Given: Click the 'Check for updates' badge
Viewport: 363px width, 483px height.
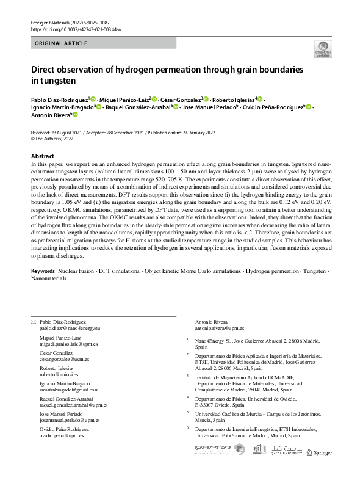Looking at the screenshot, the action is (323, 49).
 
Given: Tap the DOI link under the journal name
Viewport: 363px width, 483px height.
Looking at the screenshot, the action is (76, 29).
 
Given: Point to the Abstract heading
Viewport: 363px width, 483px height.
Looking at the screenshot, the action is (42, 156).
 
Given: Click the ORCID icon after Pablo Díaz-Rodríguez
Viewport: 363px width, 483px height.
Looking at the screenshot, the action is (92, 98).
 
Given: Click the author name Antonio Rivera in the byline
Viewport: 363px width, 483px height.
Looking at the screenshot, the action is (50, 114).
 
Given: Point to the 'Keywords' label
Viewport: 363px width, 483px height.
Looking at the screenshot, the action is (43, 269).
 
